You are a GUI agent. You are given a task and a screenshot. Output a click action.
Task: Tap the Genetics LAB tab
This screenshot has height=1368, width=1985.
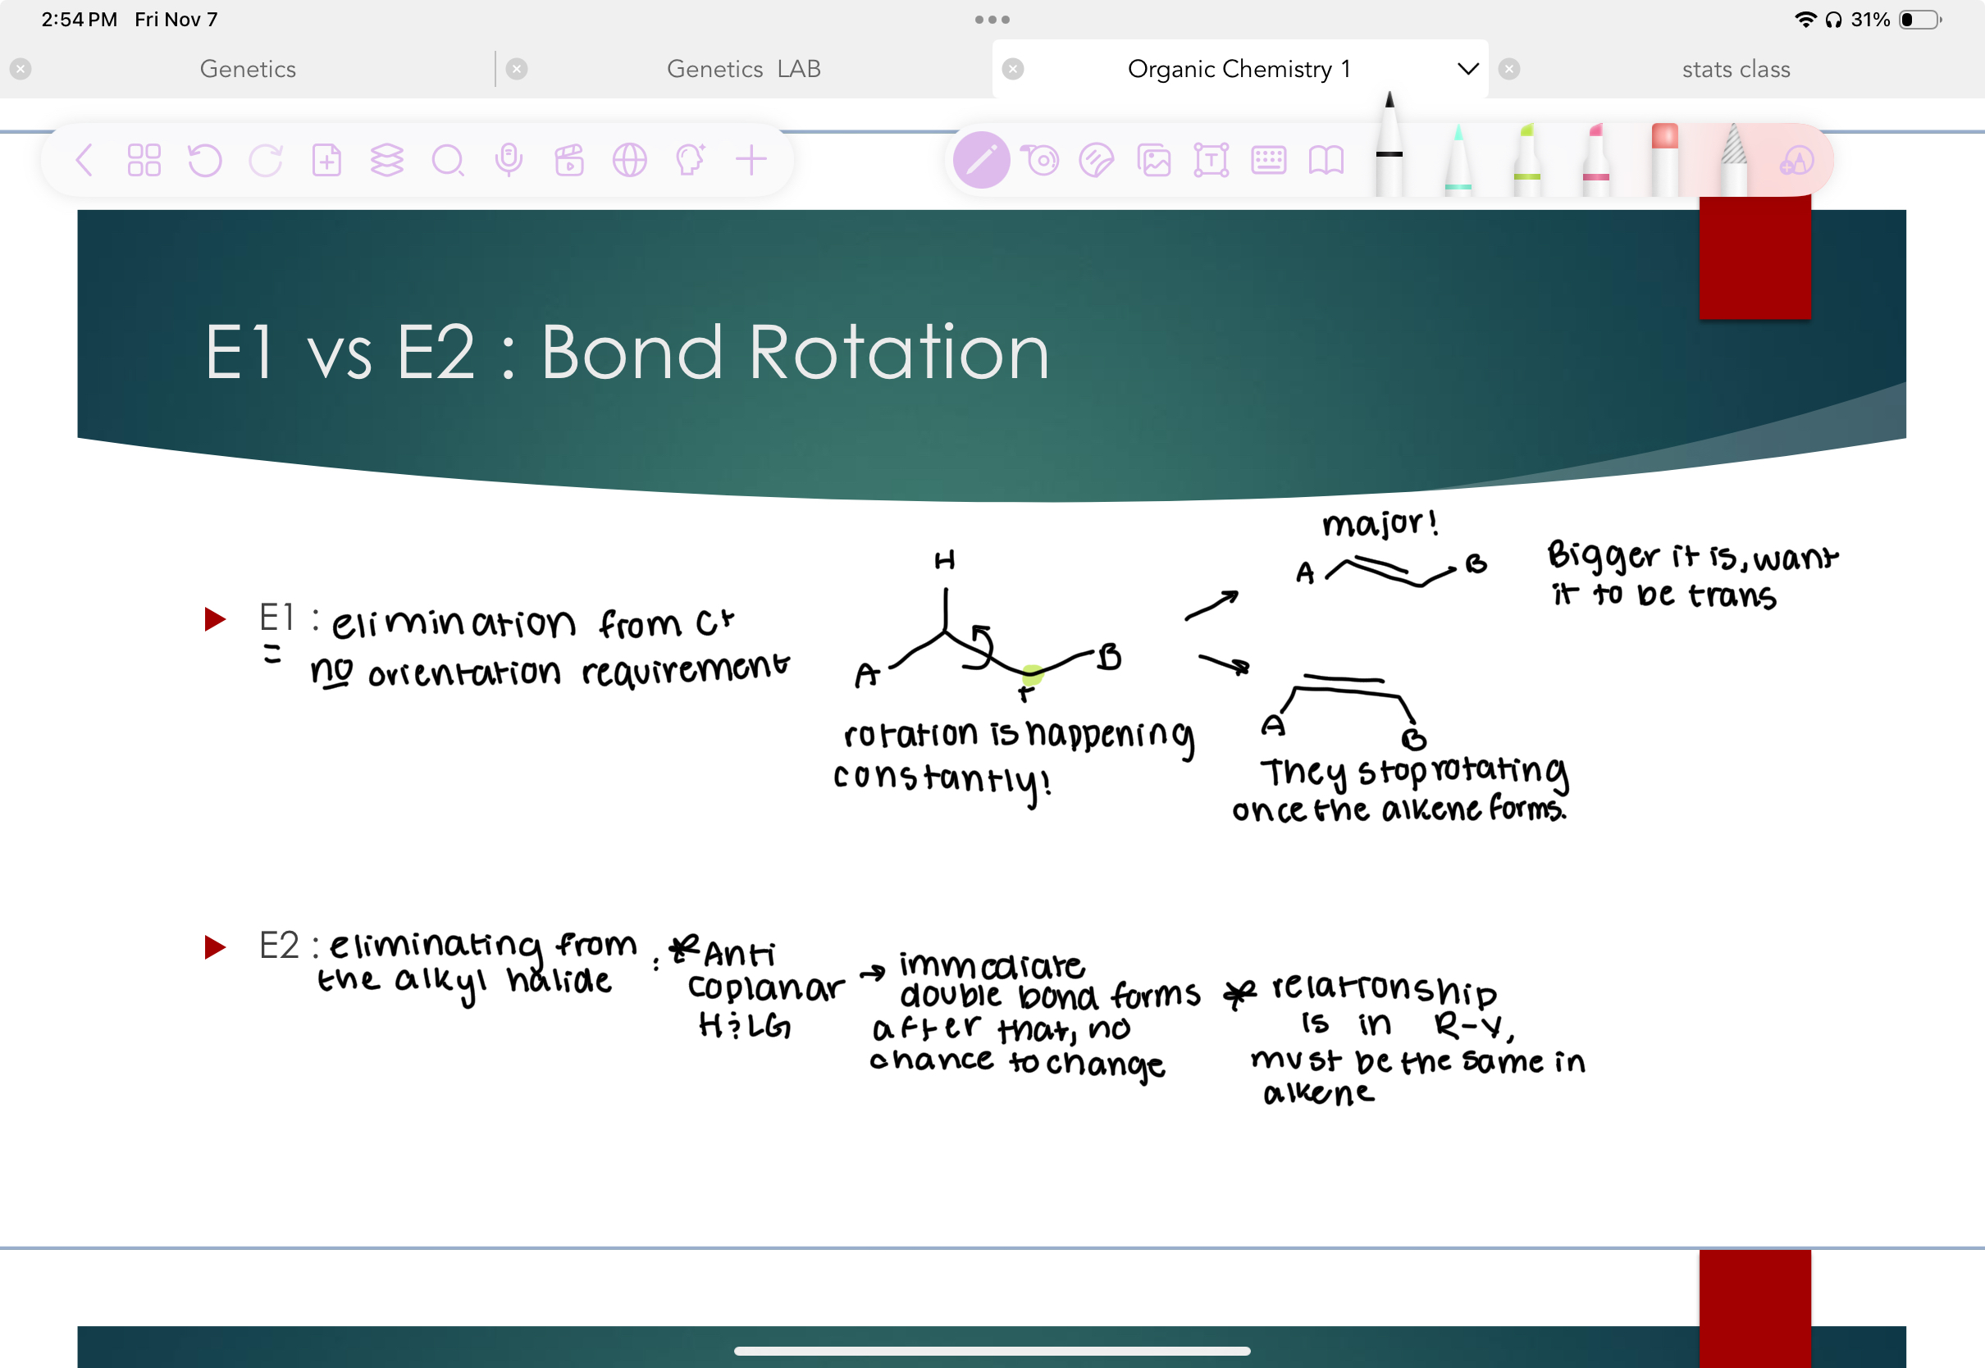[x=743, y=70]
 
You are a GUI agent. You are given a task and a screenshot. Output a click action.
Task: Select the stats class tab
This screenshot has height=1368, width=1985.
[x=1735, y=70]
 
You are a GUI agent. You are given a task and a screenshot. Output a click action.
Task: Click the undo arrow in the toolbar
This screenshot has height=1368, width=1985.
[x=205, y=160]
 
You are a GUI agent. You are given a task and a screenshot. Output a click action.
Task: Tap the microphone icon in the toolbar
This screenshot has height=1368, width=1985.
[x=509, y=160]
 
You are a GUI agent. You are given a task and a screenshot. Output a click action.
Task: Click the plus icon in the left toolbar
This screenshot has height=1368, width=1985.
[x=751, y=160]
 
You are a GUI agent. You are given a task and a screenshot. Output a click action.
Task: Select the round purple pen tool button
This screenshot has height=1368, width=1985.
[x=981, y=160]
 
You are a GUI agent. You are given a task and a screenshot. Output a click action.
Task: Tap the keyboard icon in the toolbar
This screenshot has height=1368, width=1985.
[x=1267, y=160]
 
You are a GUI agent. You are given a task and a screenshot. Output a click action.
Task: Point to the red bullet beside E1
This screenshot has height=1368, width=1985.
[x=214, y=619]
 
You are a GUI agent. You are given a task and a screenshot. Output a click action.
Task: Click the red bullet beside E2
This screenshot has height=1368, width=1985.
[x=214, y=947]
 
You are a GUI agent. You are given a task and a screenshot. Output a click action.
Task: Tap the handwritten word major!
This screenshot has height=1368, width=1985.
[x=1379, y=523]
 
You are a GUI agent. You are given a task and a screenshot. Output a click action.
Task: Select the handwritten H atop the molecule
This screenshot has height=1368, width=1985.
[x=944, y=562]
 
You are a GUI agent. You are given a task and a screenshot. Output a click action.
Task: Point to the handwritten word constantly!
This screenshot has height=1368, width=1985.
[x=941, y=780]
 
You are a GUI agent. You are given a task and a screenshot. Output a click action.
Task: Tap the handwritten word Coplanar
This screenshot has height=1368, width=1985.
[x=765, y=988]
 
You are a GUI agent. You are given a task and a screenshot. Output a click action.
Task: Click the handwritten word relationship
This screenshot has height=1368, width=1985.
[x=1385, y=989]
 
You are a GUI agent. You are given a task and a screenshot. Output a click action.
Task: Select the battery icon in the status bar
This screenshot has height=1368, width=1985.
[x=1920, y=20]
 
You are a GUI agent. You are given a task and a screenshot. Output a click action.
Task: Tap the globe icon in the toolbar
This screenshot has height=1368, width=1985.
[x=629, y=160]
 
